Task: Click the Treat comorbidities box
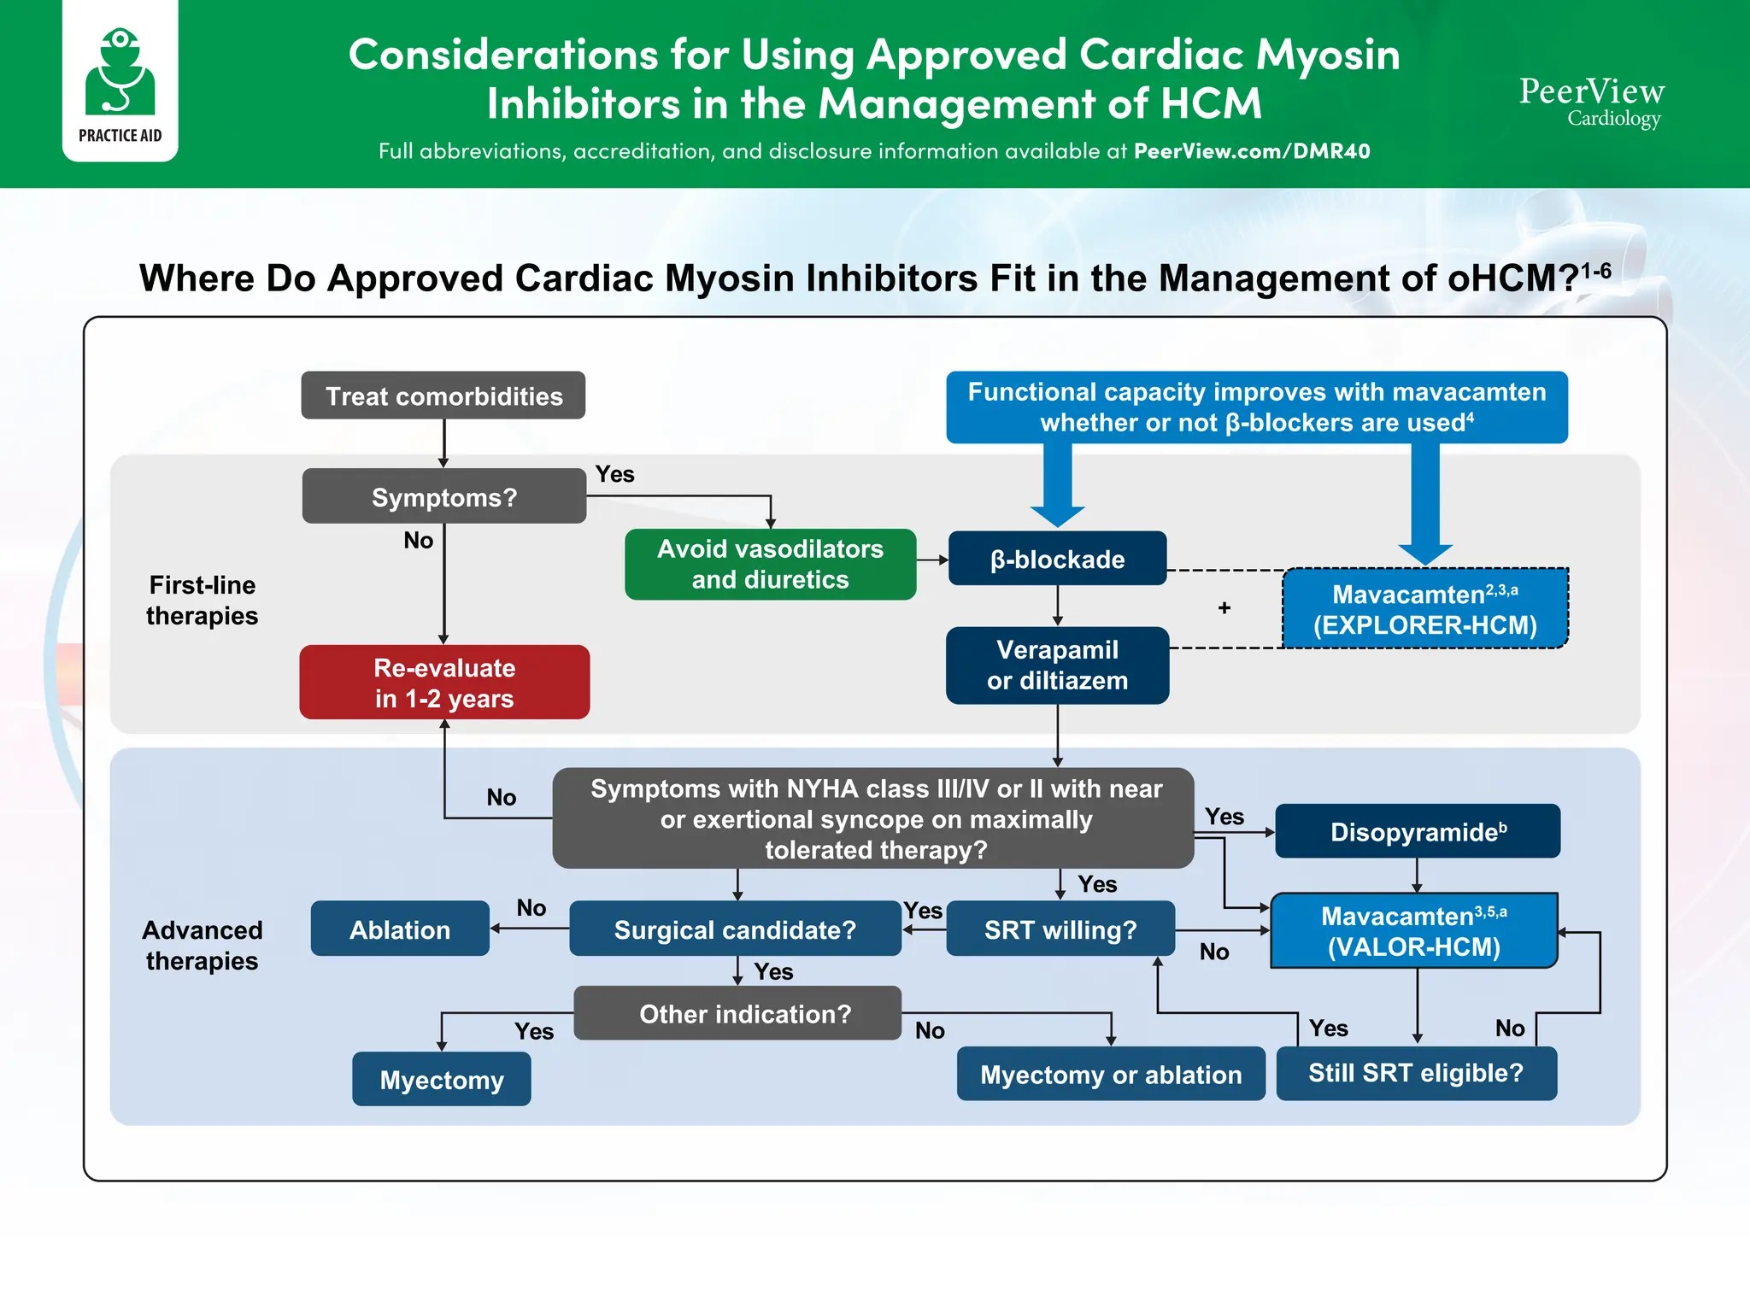[x=443, y=396]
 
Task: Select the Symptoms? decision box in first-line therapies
[x=443, y=496]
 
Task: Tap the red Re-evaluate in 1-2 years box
[x=444, y=683]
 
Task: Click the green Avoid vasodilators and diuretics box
[x=770, y=564]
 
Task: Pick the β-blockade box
[x=1057, y=559]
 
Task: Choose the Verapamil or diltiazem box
[x=1057, y=665]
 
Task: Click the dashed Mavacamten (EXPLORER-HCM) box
[x=1424, y=609]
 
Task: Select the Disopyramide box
[x=1417, y=831]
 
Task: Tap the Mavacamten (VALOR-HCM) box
[x=1413, y=931]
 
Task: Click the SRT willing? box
[x=1060, y=929]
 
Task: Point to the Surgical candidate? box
[x=735, y=929]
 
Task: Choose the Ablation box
[x=400, y=929]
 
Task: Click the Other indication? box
[x=744, y=1013]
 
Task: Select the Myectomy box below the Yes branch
[x=441, y=1079]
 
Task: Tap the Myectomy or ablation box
[x=1110, y=1074]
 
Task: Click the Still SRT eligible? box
[x=1415, y=1073]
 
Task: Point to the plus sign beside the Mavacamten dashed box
[x=1224, y=607]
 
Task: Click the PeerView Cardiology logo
[x=1591, y=102]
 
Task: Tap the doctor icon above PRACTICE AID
[x=120, y=72]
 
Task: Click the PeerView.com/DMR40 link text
[x=1251, y=151]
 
